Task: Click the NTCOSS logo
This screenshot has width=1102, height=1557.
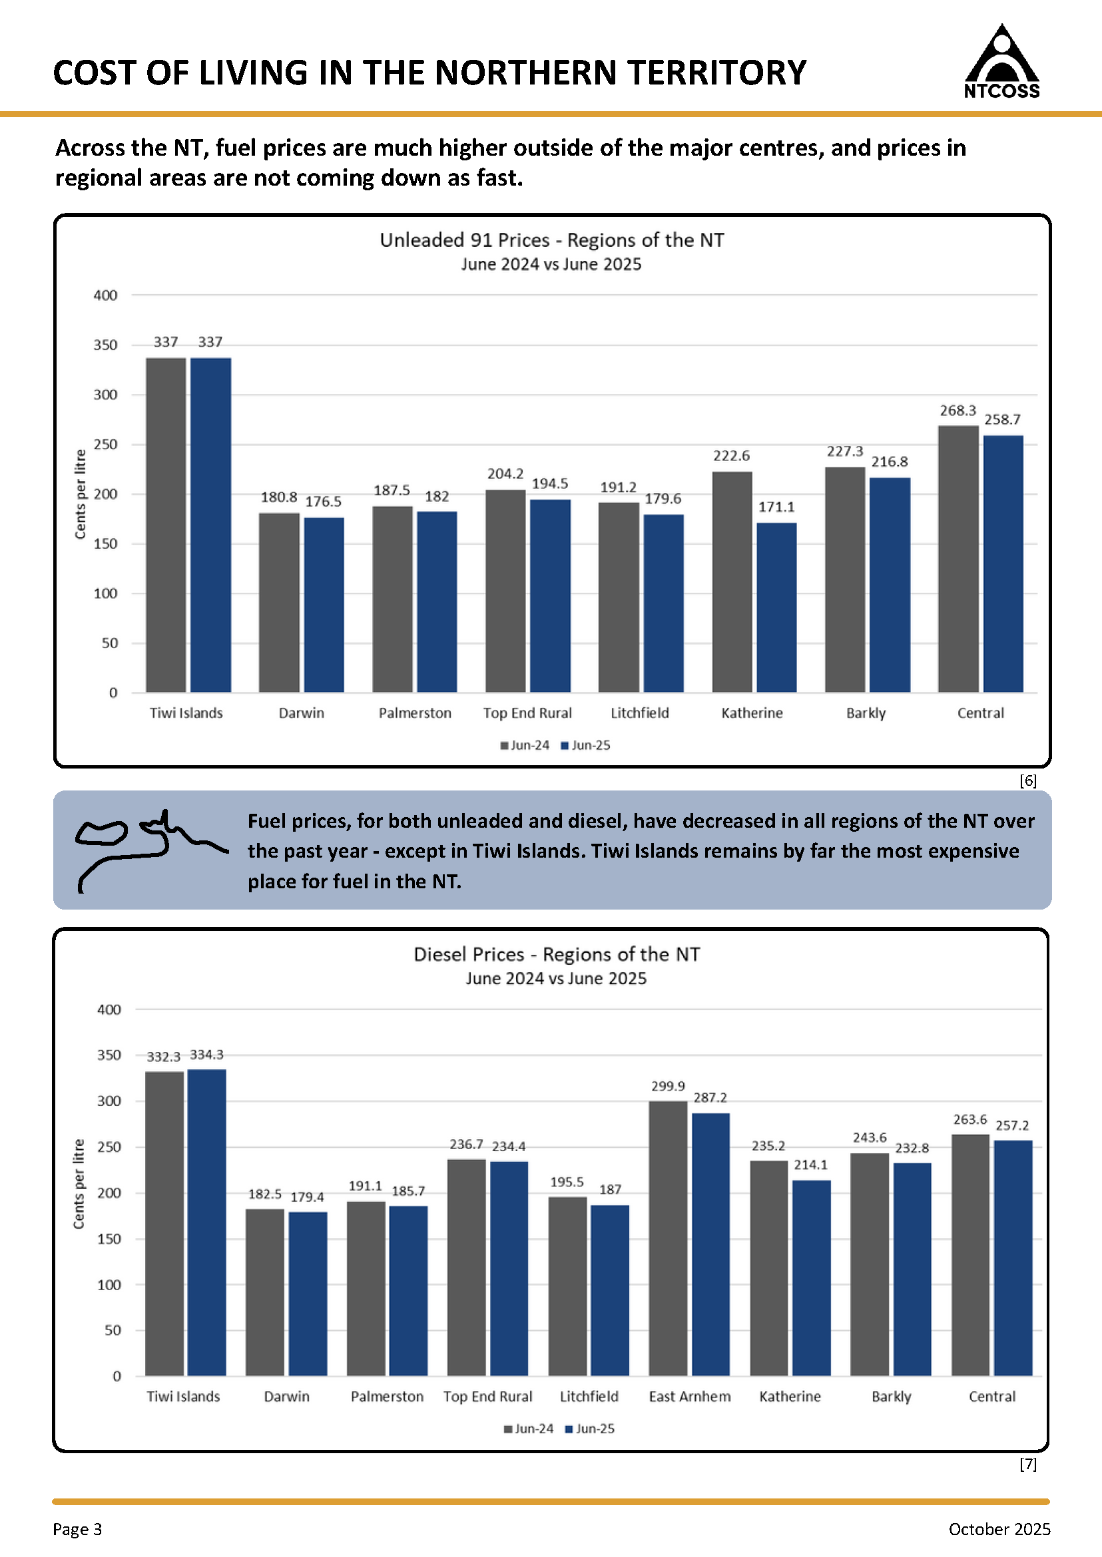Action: (x=1001, y=62)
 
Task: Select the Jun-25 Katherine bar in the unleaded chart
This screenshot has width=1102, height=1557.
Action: (x=776, y=607)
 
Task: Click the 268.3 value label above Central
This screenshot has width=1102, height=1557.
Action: (x=958, y=411)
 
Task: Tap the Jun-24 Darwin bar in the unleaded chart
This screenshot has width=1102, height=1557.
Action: (x=279, y=602)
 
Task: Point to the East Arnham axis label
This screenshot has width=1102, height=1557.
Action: (x=689, y=1396)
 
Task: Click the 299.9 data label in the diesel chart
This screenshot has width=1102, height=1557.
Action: (x=668, y=1086)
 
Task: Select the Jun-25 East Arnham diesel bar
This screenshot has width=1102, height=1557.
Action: (x=710, y=1244)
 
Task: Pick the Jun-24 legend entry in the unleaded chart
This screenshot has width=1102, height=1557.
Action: (x=525, y=745)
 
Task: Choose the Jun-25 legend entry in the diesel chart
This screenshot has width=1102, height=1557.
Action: (x=590, y=1429)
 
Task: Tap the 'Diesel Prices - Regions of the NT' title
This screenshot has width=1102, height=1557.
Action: (x=557, y=954)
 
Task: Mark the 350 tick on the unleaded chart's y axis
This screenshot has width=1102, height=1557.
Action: (x=105, y=345)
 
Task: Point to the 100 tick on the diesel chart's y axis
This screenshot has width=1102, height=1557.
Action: (x=109, y=1284)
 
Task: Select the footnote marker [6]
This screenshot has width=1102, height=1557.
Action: (x=1028, y=780)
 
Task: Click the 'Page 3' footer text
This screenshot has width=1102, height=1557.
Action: (x=77, y=1529)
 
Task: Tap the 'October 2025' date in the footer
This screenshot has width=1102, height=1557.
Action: (x=999, y=1529)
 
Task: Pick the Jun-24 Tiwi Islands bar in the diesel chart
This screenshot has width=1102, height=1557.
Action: (x=164, y=1224)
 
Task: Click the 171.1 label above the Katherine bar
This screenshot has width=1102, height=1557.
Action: (x=776, y=506)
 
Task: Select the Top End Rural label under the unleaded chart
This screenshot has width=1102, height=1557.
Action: (x=527, y=713)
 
